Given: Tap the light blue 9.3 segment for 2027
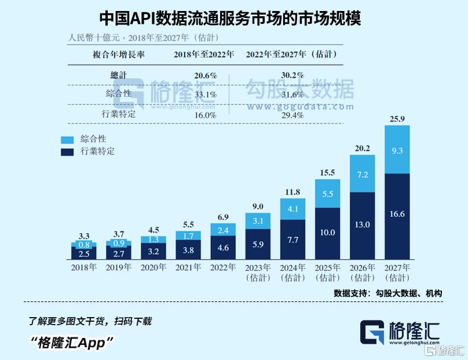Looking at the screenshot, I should tap(397, 150).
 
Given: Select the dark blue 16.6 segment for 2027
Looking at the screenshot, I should tap(397, 214).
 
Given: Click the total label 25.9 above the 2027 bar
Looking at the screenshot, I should tap(397, 119).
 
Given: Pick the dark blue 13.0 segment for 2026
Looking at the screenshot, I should tap(363, 224).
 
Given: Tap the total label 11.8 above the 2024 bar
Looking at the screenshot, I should tap(293, 192).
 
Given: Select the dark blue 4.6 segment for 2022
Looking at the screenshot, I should tap(224, 246).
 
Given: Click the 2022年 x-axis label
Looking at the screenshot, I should tap(224, 267).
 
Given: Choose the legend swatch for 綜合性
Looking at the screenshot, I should tap(68, 140).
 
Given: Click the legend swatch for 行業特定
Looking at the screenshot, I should tap(68, 152).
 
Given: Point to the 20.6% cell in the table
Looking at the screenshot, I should tap(205, 75).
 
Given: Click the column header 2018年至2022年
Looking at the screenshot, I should tap(204, 54).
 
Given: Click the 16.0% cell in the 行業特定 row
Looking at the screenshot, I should tap(205, 115).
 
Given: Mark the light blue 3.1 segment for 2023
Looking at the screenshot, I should tap(258, 220).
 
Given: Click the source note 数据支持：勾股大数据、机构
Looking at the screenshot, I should tap(387, 293).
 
